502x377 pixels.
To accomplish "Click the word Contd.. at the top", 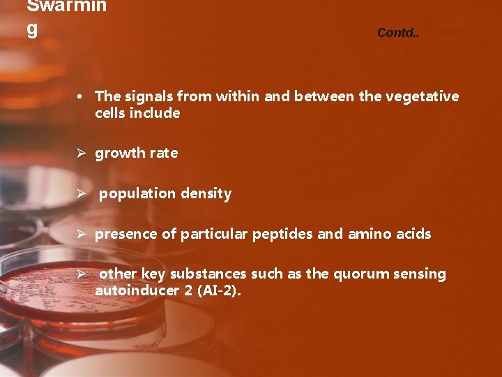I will (x=398, y=33).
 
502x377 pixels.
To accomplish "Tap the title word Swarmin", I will (x=67, y=7).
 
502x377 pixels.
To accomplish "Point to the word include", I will (x=157, y=113).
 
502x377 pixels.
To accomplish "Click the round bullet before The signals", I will (x=81, y=96).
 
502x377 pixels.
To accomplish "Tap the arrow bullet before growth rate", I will (x=81, y=153).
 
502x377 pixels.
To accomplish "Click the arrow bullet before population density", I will (x=81, y=193).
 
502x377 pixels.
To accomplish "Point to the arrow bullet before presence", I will (x=81, y=234).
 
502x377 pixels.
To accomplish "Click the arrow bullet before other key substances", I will (x=81, y=274).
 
